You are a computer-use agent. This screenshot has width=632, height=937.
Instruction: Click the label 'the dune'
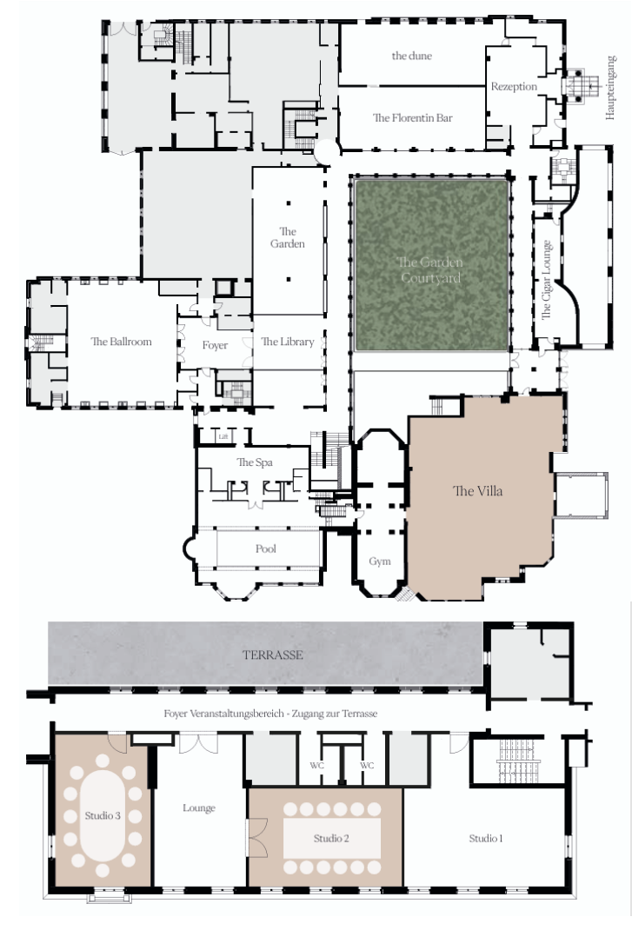(x=411, y=56)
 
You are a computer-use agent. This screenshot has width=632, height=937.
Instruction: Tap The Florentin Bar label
(x=413, y=117)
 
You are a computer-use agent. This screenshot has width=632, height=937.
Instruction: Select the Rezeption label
(x=514, y=87)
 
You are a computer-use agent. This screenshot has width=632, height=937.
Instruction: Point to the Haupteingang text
(x=610, y=89)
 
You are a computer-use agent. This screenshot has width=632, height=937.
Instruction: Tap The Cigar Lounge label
(x=546, y=280)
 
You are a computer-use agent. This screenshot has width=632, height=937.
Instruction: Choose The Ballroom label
(x=122, y=342)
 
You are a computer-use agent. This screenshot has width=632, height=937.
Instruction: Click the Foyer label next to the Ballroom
(x=215, y=345)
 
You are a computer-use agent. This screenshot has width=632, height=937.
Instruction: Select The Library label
(x=288, y=342)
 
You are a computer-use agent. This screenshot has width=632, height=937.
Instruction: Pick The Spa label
(x=255, y=462)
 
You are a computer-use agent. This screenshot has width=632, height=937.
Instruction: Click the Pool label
(x=265, y=548)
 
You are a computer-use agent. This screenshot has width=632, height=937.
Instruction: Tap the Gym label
(x=380, y=562)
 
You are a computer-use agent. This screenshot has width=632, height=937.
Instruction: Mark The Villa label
(x=478, y=491)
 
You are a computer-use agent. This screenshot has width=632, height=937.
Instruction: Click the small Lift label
(x=223, y=437)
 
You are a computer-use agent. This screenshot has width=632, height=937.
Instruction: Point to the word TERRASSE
(x=273, y=655)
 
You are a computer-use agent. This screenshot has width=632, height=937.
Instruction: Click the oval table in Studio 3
(x=103, y=815)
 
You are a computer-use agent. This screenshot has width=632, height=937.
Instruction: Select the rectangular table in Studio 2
(x=332, y=839)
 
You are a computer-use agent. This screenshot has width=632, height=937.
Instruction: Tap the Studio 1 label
(x=485, y=839)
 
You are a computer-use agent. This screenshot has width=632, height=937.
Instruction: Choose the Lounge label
(x=199, y=808)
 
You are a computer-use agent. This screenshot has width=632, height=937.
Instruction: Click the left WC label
(x=317, y=766)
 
